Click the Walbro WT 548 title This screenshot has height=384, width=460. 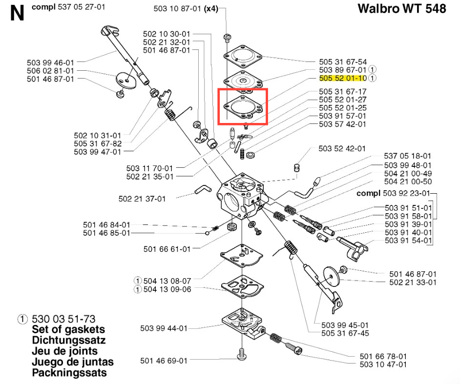[x=401, y=9]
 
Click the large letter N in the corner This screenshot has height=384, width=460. [x=17, y=13]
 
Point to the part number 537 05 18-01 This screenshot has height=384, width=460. [x=408, y=156]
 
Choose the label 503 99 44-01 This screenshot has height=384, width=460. [x=164, y=328]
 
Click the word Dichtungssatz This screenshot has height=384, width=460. [x=68, y=340]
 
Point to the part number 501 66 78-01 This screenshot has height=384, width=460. [x=383, y=357]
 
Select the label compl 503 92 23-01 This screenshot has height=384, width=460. [x=394, y=193]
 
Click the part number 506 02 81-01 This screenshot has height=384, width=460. [x=51, y=71]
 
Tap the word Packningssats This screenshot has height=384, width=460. [x=69, y=373]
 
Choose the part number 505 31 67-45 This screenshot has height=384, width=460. [x=345, y=333]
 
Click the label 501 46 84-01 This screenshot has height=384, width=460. [x=106, y=225]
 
